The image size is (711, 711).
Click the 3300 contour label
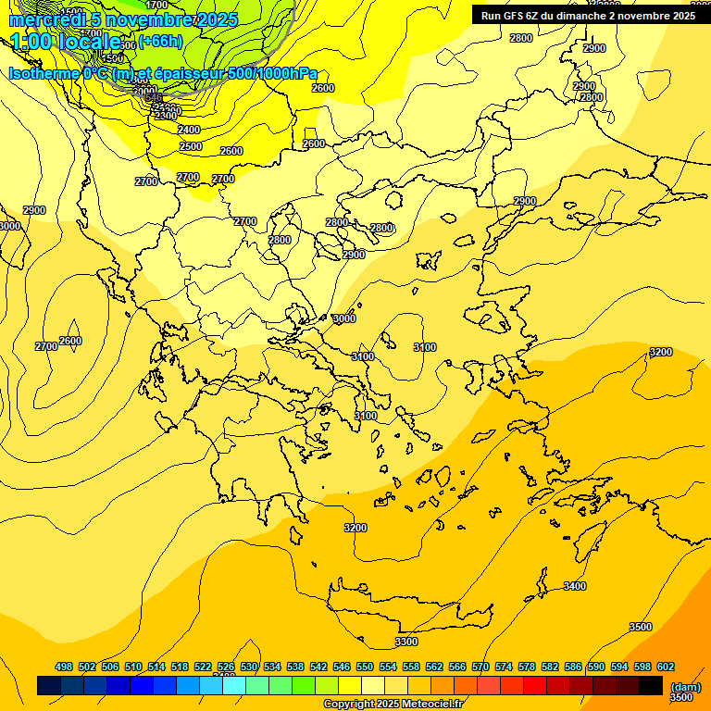click(405, 642)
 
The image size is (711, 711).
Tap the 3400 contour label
click(575, 586)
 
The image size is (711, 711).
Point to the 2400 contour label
click(189, 131)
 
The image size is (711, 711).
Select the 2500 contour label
click(191, 147)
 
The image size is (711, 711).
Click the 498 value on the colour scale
click(64, 667)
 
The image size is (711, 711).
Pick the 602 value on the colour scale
click(666, 667)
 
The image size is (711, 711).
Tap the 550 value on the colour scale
click(365, 667)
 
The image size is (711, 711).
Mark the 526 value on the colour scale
click(226, 667)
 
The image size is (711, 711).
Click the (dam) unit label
click(685, 686)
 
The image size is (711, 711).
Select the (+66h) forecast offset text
click(160, 41)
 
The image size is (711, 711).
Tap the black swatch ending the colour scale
click(651, 685)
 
